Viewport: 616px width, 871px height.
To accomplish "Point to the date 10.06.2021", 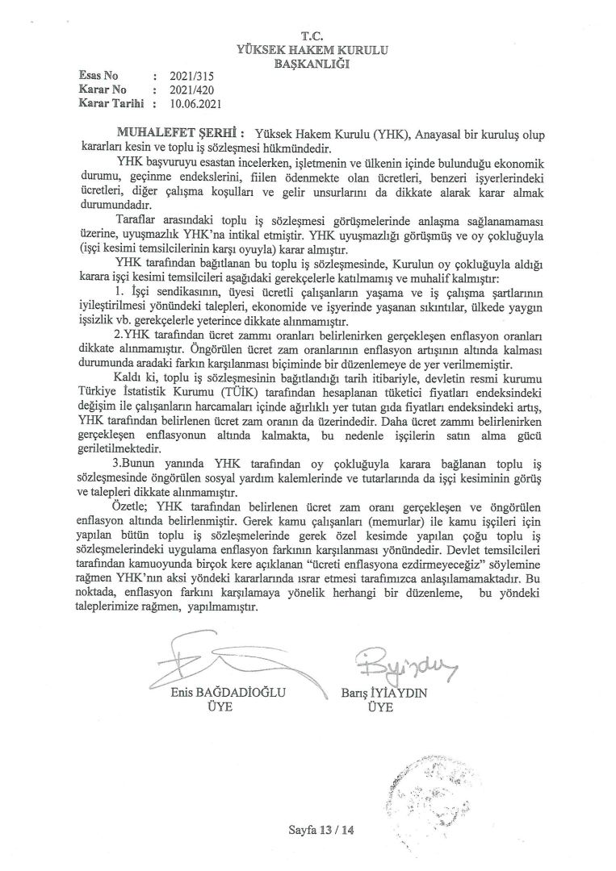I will click(x=195, y=103).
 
